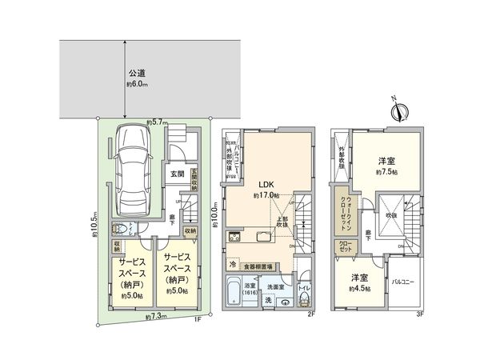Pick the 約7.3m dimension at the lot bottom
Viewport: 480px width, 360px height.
point(157,318)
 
